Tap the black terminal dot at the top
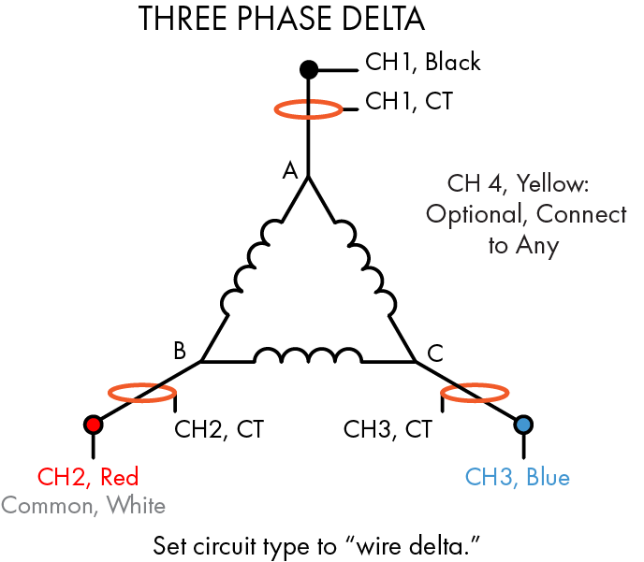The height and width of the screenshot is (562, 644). click(x=308, y=68)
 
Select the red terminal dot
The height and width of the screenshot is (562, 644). click(x=93, y=425)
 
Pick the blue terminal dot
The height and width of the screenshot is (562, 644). click(x=523, y=425)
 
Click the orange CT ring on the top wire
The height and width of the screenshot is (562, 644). click(x=308, y=110)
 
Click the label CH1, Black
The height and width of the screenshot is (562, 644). click(x=422, y=63)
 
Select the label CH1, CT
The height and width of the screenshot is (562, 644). click(x=408, y=101)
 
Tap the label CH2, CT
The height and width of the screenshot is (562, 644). click(x=219, y=430)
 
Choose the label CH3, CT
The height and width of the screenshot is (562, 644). click(x=388, y=430)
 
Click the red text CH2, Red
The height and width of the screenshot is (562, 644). click(x=88, y=477)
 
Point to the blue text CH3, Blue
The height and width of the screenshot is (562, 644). click(x=517, y=477)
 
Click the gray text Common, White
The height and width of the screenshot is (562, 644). click(x=83, y=506)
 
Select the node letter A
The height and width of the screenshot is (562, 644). click(x=290, y=170)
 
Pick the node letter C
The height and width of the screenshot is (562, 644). click(x=435, y=353)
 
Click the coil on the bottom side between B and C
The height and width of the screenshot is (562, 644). click(x=308, y=356)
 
